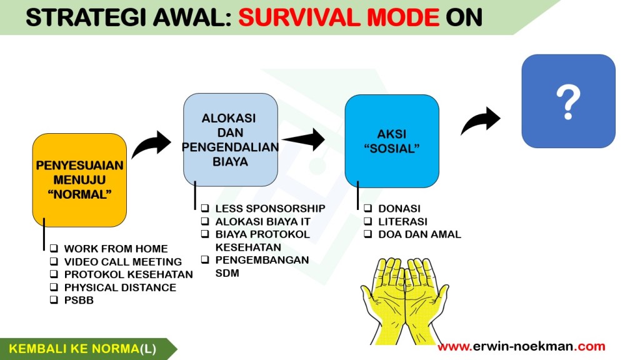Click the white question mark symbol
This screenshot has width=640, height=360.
[x=568, y=102]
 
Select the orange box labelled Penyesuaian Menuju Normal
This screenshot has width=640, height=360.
[x=79, y=180]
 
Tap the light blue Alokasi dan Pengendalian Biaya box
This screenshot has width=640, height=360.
[x=230, y=139]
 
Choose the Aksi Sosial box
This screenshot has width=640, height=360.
[x=392, y=141]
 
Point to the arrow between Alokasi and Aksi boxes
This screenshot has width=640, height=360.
[x=304, y=139]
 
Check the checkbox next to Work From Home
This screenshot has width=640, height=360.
[x=54, y=248]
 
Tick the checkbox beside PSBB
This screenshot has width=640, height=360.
[x=54, y=299]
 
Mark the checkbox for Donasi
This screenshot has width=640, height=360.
[x=367, y=208]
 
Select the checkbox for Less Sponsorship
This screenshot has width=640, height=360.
[x=205, y=208]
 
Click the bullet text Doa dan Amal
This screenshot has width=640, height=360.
[x=419, y=234]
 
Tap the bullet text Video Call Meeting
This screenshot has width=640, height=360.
[x=123, y=262]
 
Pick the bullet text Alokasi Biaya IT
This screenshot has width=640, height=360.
[x=263, y=222]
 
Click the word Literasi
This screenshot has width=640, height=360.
[x=403, y=222]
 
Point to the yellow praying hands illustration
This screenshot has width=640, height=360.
[x=404, y=301]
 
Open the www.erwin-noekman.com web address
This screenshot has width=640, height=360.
[x=521, y=346]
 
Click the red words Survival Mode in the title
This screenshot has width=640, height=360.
[x=339, y=17]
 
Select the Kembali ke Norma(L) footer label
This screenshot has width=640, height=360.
[x=82, y=349]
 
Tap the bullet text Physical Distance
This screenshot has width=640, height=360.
[x=120, y=287]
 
